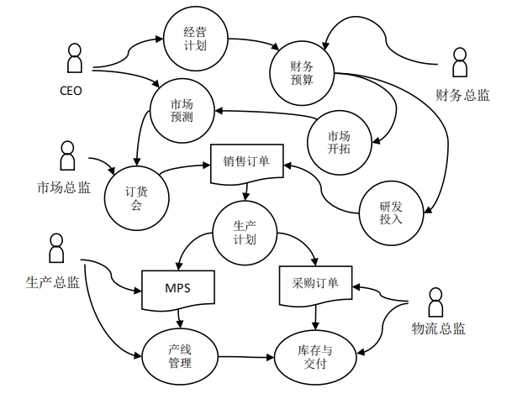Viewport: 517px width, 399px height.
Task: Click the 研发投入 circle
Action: coord(392,213)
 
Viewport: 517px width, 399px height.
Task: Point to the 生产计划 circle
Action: coord(245,232)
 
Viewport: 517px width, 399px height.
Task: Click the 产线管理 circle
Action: coord(180,355)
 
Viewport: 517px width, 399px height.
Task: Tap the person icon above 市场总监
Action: coord(66,156)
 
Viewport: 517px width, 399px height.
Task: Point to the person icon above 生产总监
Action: coord(56,250)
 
